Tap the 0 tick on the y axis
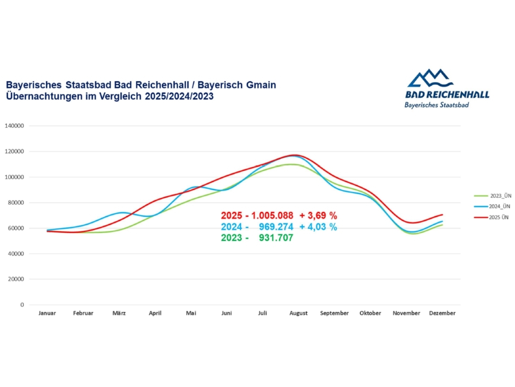(21, 304)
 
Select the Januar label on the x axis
(47, 313)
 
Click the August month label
(298, 313)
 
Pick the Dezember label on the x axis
(442, 313)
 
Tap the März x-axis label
(119, 313)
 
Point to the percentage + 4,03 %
(318, 227)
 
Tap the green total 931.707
(276, 237)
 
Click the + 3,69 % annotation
(318, 216)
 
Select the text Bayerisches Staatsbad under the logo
(436, 105)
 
